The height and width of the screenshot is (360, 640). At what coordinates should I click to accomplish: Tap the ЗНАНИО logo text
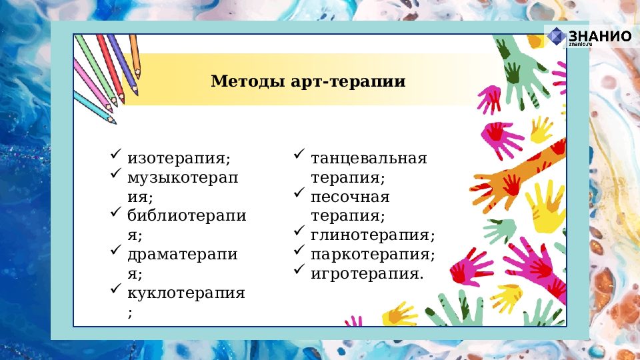coord(599,36)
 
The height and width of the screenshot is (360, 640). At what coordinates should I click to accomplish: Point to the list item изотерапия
coord(179,159)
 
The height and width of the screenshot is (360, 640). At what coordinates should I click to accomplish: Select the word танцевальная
coord(368,159)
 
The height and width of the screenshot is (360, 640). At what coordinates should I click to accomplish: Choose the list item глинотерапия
coord(372,235)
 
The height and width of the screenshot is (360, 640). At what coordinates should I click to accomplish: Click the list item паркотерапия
coord(372,255)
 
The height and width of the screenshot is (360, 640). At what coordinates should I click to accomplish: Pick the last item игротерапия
coord(367,274)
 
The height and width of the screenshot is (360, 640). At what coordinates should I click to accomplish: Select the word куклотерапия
coord(187,293)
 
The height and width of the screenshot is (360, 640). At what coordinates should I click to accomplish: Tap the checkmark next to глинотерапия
coord(299,232)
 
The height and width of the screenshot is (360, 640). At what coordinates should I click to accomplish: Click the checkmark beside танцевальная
coord(299,155)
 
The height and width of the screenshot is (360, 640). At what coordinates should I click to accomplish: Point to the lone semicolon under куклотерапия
coord(131,313)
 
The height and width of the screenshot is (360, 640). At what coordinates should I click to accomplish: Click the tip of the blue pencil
coord(113,122)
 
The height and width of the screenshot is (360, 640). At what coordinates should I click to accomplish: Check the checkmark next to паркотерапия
coord(299,251)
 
